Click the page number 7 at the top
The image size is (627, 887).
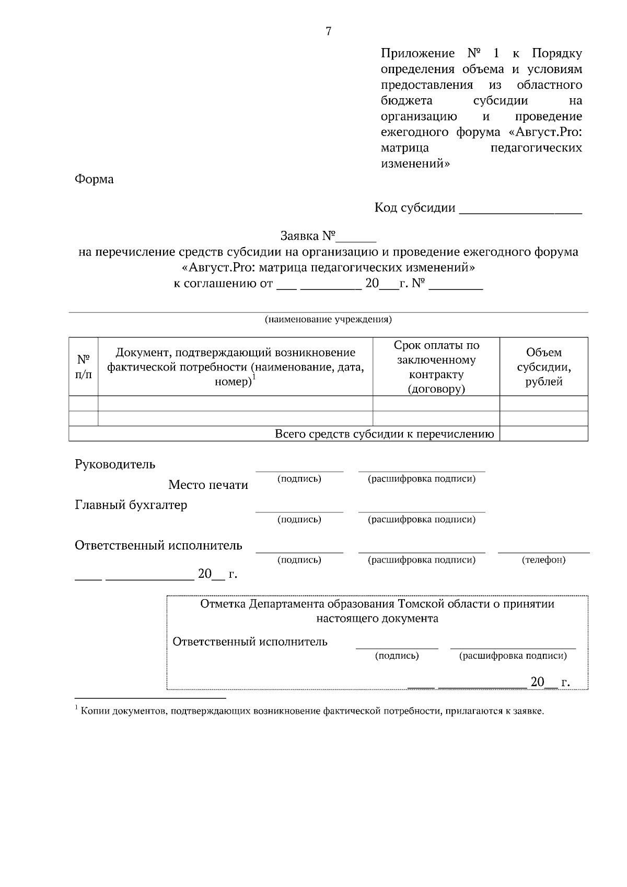pos(328,31)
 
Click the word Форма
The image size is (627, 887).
pos(94,179)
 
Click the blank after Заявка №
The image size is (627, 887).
pos(356,238)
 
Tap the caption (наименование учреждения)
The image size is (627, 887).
pos(328,319)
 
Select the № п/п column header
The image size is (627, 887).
pos(84,367)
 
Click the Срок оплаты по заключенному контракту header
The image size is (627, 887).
pos(436,367)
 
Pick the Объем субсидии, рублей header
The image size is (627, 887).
pos(543,367)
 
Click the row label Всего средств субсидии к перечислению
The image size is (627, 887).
pos(385,434)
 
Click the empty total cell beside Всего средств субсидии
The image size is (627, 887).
pos(543,434)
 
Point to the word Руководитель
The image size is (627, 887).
pos(115,464)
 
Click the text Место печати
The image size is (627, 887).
pos(208,485)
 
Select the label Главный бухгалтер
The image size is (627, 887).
pos(131,505)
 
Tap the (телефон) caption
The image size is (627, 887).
pos(543,560)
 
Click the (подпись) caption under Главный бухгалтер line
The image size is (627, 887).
pos(299,519)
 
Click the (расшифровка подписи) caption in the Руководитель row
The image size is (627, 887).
pos(422,479)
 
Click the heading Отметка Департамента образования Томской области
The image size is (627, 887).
pos(377,604)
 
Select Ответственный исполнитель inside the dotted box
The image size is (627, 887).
pos(250,641)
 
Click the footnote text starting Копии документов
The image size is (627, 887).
pos(312,711)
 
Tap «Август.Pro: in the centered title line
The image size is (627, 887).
pos(218,268)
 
